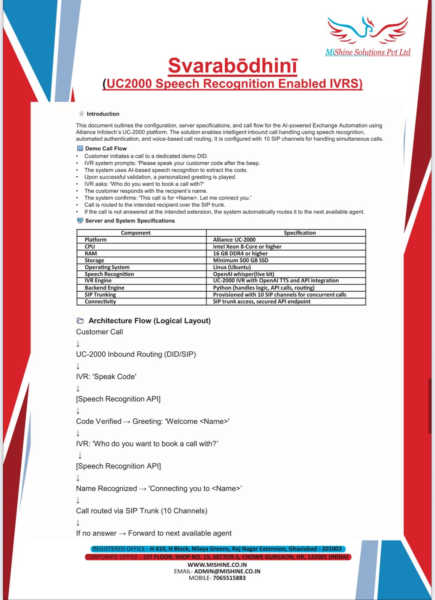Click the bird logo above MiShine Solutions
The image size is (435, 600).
pyautogui.click(x=367, y=30)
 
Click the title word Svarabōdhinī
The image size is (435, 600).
pyautogui.click(x=233, y=66)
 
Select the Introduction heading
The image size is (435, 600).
pyautogui.click(x=103, y=114)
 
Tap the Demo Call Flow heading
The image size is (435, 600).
pyautogui.click(x=106, y=148)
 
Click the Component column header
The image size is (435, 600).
pyautogui.click(x=136, y=233)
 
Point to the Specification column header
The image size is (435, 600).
pyautogui.click(x=299, y=233)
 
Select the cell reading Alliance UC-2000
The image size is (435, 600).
pyautogui.click(x=234, y=240)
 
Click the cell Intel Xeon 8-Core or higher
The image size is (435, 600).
pyautogui.click(x=247, y=247)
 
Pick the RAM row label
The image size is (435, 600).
pyautogui.click(x=91, y=253)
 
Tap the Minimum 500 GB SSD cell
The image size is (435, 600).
pyautogui.click(x=240, y=260)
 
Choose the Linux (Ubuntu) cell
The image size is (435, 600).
pyautogui.click(x=231, y=267)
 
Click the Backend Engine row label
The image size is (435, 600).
pyautogui.click(x=104, y=288)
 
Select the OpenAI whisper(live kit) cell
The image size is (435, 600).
pyautogui.click(x=243, y=274)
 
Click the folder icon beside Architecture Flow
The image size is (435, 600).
pyautogui.click(x=80, y=321)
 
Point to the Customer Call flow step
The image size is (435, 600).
pyautogui.click(x=99, y=332)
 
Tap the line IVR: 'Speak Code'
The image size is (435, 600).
pyautogui.click(x=106, y=376)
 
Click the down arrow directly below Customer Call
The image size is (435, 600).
pyautogui.click(x=78, y=343)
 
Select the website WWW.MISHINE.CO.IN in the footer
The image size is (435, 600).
pyautogui.click(x=217, y=565)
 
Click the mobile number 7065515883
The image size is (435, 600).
pyautogui.click(x=229, y=578)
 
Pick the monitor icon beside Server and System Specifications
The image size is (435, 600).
pyautogui.click(x=80, y=220)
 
